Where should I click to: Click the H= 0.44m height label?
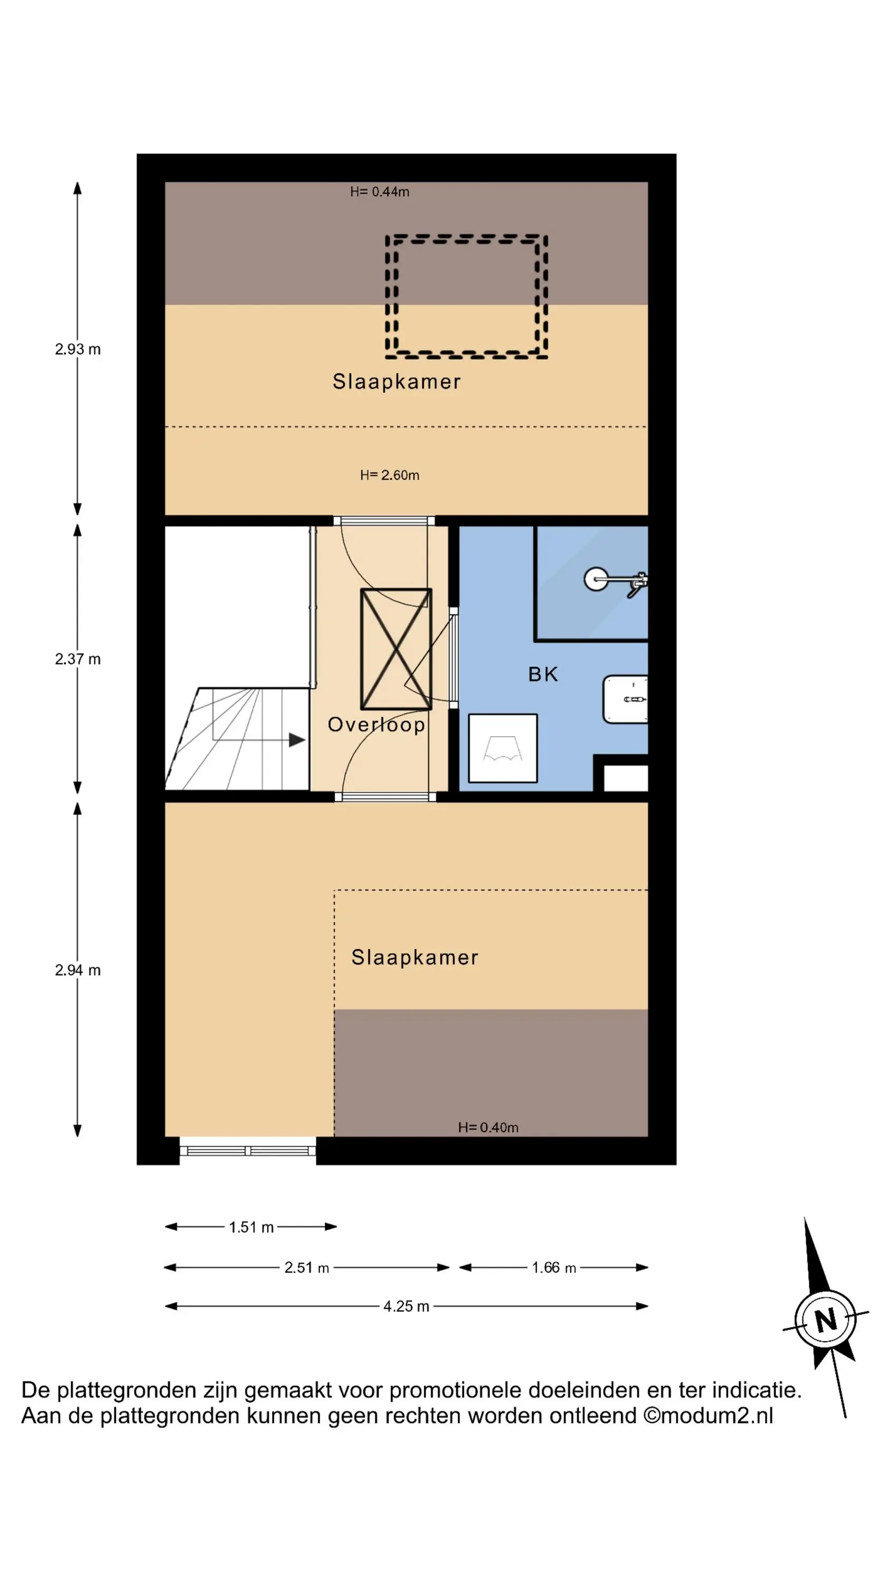pos(380,191)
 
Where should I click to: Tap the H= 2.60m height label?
pos(390,475)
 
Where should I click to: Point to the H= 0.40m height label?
pos(488,1127)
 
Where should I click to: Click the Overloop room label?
pos(376,725)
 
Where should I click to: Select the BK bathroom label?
pos(543,674)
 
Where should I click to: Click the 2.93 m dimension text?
pos(78,349)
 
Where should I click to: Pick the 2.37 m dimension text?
pos(78,659)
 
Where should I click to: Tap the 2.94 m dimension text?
pos(78,970)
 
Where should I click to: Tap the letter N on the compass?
pos(826,1319)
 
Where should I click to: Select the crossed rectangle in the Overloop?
pos(396,649)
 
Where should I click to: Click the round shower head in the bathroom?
pos(595,578)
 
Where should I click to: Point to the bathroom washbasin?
pos(625,699)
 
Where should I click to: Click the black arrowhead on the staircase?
pos(297,740)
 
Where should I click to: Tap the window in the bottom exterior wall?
pos(247,1150)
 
